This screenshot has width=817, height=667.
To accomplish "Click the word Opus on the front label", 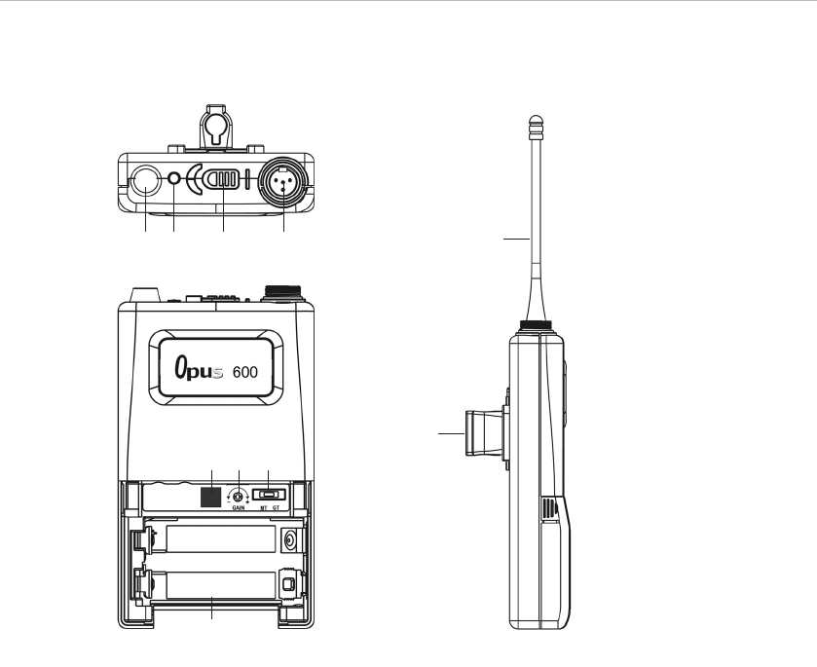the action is [x=199, y=368].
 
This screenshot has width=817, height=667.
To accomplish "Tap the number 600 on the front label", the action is [x=244, y=372].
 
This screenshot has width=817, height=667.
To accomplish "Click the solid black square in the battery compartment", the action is [x=211, y=498].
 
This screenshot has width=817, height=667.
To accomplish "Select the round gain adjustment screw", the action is [x=239, y=496].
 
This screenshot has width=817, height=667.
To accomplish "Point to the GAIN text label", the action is [x=239, y=507].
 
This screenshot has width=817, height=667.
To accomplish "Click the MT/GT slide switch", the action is [x=270, y=494].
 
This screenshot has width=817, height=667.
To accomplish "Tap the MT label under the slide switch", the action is [x=264, y=507].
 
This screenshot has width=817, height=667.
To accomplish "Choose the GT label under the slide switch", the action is [x=277, y=507].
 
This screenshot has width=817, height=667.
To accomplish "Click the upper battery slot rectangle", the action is [x=220, y=538].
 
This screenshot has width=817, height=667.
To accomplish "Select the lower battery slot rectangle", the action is [x=220, y=585].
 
